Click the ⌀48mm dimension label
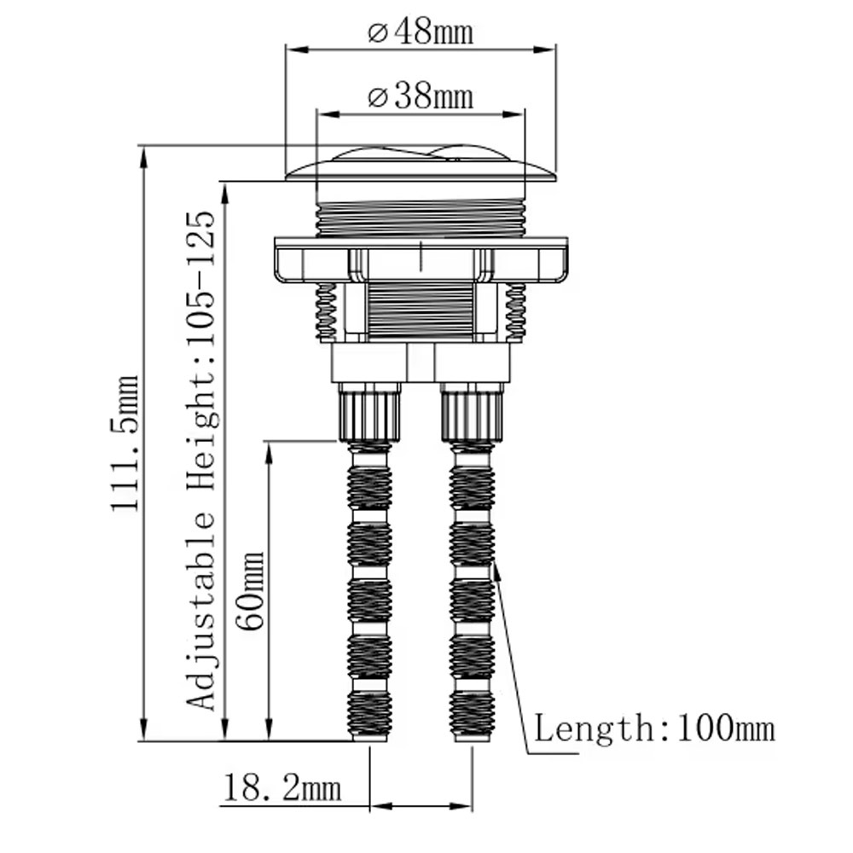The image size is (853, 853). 421,32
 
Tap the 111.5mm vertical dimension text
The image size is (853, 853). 125,443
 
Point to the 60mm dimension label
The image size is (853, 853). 250,591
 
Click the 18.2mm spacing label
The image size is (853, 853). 282,787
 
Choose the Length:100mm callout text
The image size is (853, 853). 654,728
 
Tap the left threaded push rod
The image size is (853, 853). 369,591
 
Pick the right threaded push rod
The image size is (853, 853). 473,591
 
